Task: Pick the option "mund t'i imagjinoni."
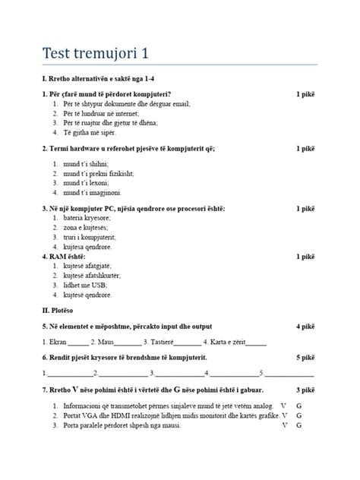coord(92,193)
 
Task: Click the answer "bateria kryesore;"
coord(87,218)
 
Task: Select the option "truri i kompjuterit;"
coord(90,237)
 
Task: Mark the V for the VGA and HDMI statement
coord(283,415)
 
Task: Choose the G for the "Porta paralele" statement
coord(299,425)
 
